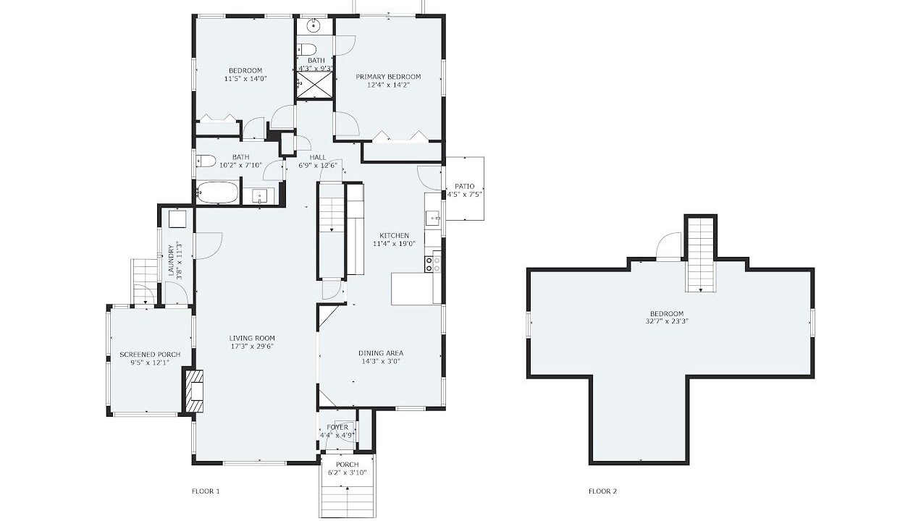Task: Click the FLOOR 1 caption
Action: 206,491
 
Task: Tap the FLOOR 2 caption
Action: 602,491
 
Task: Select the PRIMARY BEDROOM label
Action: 388,77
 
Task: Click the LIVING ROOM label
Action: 252,338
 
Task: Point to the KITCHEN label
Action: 394,235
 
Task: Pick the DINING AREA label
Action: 381,353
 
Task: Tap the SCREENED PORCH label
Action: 150,355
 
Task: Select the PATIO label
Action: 465,186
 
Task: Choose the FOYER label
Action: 337,428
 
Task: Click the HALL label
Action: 317,157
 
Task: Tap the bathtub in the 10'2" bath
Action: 217,192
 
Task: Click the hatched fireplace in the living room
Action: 195,391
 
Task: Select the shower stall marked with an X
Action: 314,85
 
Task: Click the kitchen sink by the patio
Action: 432,218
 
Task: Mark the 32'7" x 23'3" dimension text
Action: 667,321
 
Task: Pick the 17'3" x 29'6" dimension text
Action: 252,347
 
